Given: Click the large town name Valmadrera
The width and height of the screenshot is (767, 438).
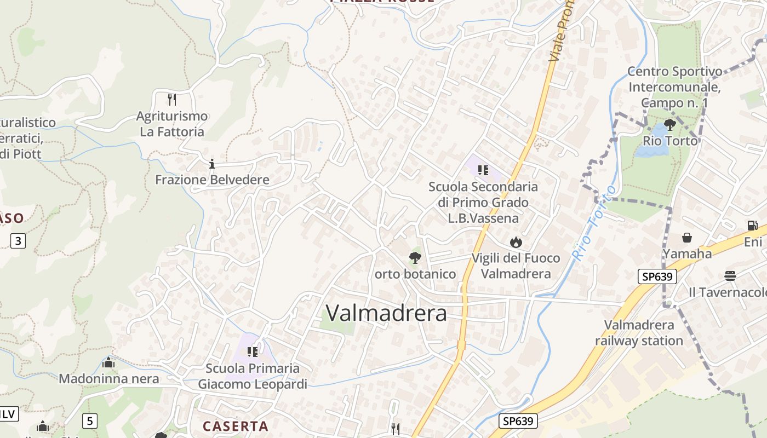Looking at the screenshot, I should point(386,313).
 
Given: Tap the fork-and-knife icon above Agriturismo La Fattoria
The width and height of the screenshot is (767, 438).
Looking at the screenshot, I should point(172,99).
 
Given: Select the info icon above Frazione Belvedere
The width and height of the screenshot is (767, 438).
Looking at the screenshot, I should point(212,164).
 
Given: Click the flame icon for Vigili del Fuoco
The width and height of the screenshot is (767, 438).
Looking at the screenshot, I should point(516,242).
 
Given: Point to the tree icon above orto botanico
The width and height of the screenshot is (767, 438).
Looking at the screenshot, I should point(415,257).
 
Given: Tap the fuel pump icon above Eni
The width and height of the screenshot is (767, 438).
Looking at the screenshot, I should point(753,225).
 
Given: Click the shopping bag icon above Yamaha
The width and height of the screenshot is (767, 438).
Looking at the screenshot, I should point(687,238).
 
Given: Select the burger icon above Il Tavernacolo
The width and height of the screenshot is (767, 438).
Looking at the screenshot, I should point(730,275).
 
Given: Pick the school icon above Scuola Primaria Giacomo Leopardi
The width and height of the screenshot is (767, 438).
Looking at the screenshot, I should point(252,351).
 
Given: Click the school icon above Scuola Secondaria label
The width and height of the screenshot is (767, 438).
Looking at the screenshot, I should point(483,170).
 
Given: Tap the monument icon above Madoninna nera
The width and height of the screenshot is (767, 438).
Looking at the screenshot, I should point(108,362).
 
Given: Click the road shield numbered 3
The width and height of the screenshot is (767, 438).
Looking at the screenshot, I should point(18,240).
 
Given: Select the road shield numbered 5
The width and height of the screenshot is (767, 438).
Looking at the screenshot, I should point(90,420).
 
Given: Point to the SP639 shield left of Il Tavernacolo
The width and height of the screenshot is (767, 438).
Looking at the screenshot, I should point(657,276).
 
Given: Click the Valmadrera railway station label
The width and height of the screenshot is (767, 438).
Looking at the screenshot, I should point(639,333).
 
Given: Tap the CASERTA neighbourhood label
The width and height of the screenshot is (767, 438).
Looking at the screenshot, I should point(236,426).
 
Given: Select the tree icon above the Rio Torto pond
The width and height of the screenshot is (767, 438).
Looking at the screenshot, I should point(669,125).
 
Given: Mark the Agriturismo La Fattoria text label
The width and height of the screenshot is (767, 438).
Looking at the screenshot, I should point(172,124).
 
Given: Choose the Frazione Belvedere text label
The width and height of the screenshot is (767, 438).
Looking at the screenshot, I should point(212,180).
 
